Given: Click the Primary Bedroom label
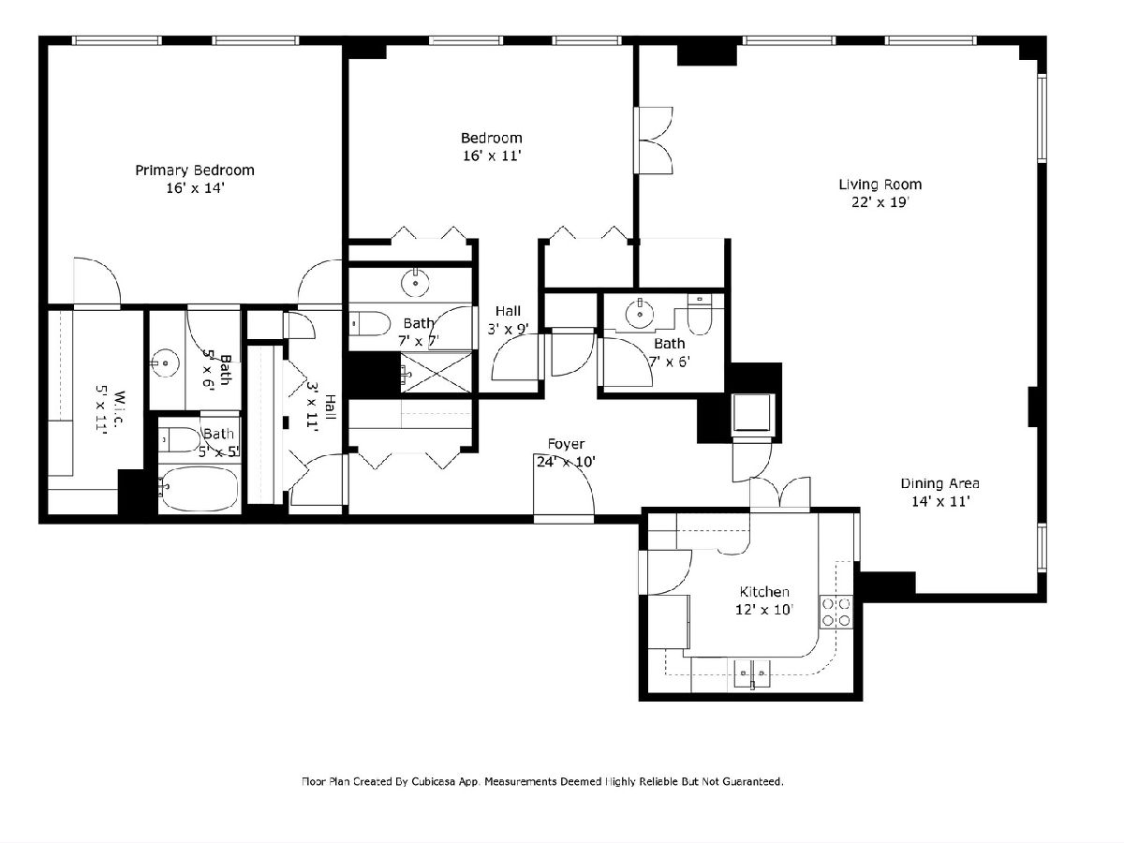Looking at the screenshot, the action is point(195,170).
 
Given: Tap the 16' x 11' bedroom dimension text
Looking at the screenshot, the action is point(492,155).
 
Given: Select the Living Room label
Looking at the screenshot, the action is point(880,185).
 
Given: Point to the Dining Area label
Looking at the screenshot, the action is point(939,483).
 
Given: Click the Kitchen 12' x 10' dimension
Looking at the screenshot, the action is point(764,610).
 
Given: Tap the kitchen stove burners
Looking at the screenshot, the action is point(836,612).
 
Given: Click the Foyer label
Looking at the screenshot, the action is point(566,444).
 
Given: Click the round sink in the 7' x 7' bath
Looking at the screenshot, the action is point(415,283).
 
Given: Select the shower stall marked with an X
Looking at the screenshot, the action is point(436,372).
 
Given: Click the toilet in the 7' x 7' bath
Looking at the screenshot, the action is point(370,324).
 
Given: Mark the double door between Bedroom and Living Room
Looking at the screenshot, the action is point(654,140).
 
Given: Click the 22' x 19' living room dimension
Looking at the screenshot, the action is point(880,202).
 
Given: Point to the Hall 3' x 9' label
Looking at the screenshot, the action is point(508,320).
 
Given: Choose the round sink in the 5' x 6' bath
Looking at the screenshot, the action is point(166,362).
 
